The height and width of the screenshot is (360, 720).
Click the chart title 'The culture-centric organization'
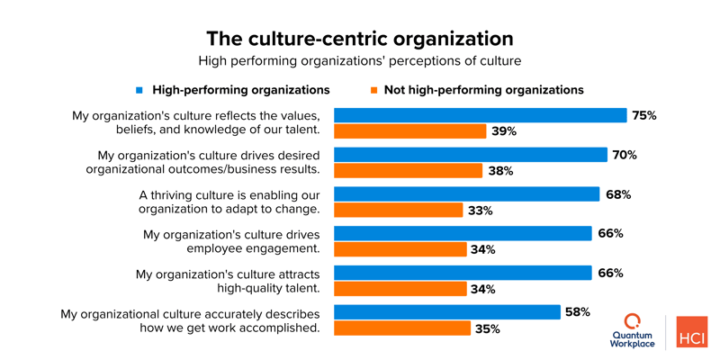point(360,39)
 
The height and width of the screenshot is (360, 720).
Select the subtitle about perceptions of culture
point(360,61)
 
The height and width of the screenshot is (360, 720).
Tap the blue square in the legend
point(139,90)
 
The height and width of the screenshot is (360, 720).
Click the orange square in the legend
point(372,90)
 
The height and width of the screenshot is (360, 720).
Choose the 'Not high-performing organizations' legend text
point(483,90)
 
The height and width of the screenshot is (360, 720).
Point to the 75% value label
point(643,115)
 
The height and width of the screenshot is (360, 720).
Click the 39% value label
point(503,131)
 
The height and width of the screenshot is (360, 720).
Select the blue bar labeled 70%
point(470,155)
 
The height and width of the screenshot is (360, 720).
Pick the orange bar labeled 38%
point(408,171)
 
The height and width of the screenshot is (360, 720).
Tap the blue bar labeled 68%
point(466,194)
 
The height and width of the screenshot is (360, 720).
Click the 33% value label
point(480,211)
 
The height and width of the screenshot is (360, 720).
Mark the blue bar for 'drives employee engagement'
point(462,234)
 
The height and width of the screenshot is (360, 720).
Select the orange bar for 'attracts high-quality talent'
point(400,289)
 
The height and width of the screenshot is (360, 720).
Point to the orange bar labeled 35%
point(401,328)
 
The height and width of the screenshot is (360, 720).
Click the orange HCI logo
point(692,331)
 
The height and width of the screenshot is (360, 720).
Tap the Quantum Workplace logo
point(634,331)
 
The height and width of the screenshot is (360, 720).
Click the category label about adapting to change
point(229,202)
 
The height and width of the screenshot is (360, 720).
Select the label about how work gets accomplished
point(190,320)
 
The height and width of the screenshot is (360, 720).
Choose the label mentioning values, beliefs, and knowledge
point(195,122)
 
